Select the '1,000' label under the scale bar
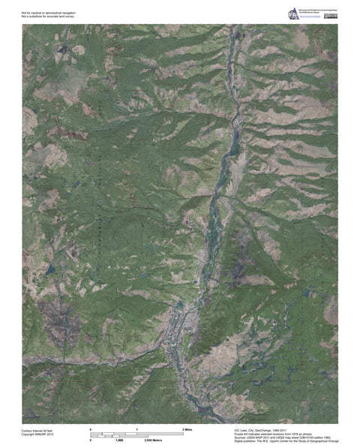point(118,440)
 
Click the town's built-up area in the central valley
point(184,323)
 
